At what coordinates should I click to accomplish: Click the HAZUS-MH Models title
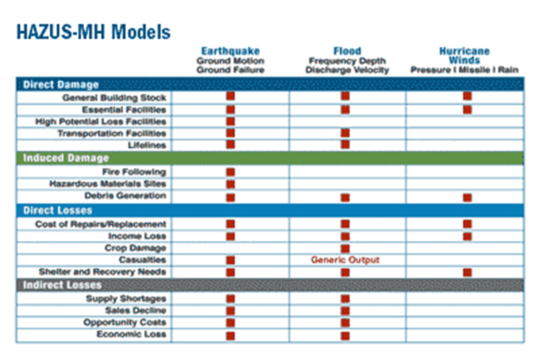(x=92, y=32)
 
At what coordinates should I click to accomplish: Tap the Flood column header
(x=346, y=51)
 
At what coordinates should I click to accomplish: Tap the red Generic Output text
(x=345, y=260)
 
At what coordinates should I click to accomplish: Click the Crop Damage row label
(x=135, y=248)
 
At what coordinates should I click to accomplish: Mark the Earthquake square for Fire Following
(x=230, y=172)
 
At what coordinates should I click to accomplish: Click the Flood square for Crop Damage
(x=345, y=248)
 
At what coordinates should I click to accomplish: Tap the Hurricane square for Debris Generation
(x=467, y=197)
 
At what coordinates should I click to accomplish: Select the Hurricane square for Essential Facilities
(x=467, y=109)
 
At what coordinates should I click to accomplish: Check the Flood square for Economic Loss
(x=345, y=334)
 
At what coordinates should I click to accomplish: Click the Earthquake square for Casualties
(x=230, y=260)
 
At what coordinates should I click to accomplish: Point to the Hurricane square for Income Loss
(x=467, y=236)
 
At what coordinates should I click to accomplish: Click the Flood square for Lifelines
(x=345, y=145)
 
